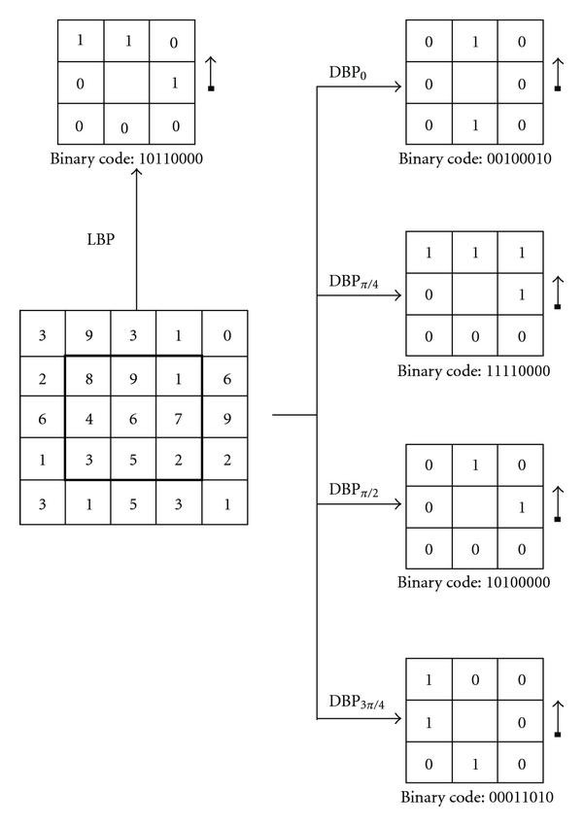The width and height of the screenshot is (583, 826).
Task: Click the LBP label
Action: pos(102,237)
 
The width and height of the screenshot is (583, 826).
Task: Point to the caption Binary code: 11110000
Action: pos(471,370)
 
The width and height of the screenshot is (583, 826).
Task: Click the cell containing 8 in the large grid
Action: pos(88,378)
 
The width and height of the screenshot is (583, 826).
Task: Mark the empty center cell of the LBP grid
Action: pos(124,83)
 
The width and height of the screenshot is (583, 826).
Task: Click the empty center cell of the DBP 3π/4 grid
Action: pos(474,722)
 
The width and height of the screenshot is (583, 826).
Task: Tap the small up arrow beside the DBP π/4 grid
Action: pos(558,291)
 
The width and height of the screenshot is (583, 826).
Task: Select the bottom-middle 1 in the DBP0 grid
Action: pos(474,126)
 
